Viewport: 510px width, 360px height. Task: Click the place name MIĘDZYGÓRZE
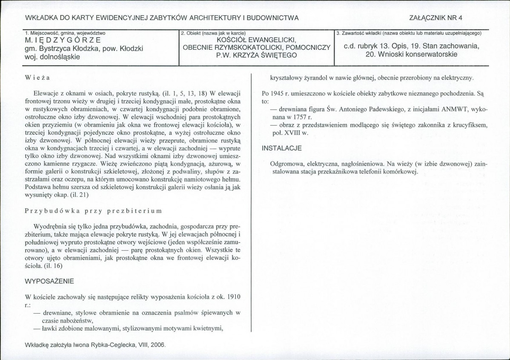click(x=63, y=40)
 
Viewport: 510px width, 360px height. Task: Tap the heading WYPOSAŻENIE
click(x=49, y=281)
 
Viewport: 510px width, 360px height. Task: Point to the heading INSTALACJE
click(x=281, y=148)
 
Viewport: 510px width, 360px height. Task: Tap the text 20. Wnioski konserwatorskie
click(x=411, y=54)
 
